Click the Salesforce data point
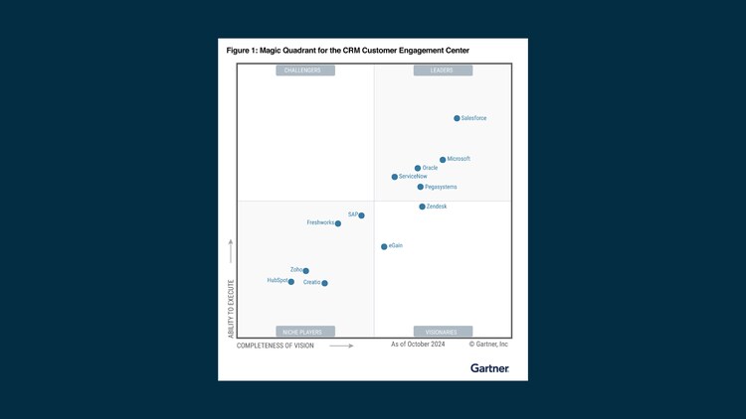[x=458, y=118]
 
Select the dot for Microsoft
[x=443, y=160]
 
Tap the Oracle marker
[x=418, y=169]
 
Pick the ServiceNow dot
[x=395, y=177]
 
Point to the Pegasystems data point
[x=421, y=187]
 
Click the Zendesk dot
[x=423, y=207]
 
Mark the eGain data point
[x=384, y=246]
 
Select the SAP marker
[x=362, y=215]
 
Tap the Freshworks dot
[x=338, y=223]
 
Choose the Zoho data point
[x=306, y=271]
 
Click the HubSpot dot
[x=291, y=282]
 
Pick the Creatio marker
[x=325, y=283]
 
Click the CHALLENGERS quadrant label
[x=305, y=70]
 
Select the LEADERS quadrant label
[x=443, y=70]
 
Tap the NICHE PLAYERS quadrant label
[x=305, y=332]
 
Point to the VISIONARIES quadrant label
[x=443, y=332]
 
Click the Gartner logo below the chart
[x=489, y=368]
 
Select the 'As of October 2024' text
[x=418, y=345]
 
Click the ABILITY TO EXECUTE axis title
[x=231, y=309]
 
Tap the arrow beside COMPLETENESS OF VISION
[x=341, y=346]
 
